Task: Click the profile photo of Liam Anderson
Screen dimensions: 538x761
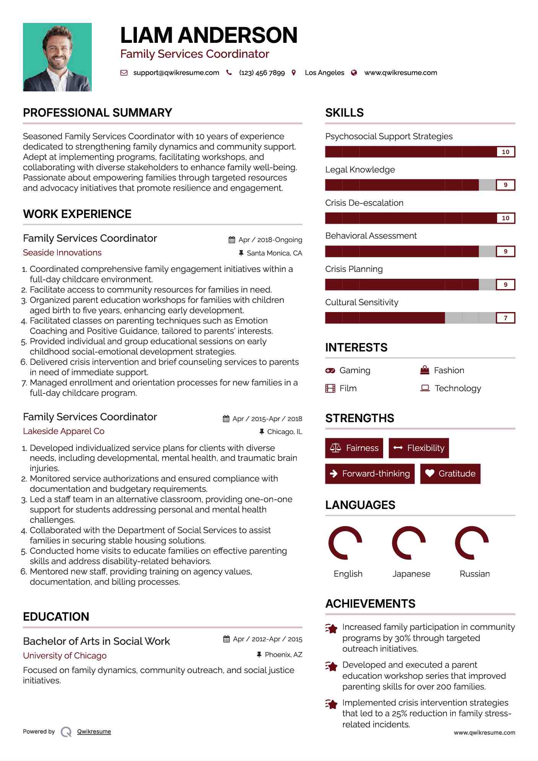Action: [x=57, y=57]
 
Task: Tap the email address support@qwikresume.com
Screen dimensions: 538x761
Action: [x=176, y=73]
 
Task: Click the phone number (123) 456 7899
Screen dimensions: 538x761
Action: [x=262, y=73]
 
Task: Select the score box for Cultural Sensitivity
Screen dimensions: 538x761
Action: [x=505, y=318]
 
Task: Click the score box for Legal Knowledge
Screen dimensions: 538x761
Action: [x=505, y=185]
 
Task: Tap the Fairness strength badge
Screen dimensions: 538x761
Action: [x=354, y=448]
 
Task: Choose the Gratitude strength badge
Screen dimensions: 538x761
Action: [x=450, y=473]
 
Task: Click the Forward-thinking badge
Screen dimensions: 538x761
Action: [x=370, y=473]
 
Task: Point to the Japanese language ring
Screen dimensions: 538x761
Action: [x=409, y=543]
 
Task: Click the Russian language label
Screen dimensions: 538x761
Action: [x=475, y=574]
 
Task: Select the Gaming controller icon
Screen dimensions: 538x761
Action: [x=330, y=371]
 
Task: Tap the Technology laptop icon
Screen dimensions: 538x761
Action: [x=425, y=388]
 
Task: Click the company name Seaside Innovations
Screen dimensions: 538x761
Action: [x=62, y=253]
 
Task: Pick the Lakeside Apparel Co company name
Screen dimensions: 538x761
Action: [x=63, y=431]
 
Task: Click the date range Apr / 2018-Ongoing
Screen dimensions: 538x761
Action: [x=270, y=240]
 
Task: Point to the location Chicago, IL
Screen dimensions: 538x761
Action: [x=284, y=432]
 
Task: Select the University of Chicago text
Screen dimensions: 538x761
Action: [x=65, y=655]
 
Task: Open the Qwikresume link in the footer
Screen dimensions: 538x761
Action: [x=94, y=732]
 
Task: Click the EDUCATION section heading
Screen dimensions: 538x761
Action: [x=56, y=616]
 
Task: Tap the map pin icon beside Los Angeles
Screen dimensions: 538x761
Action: [x=294, y=73]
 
